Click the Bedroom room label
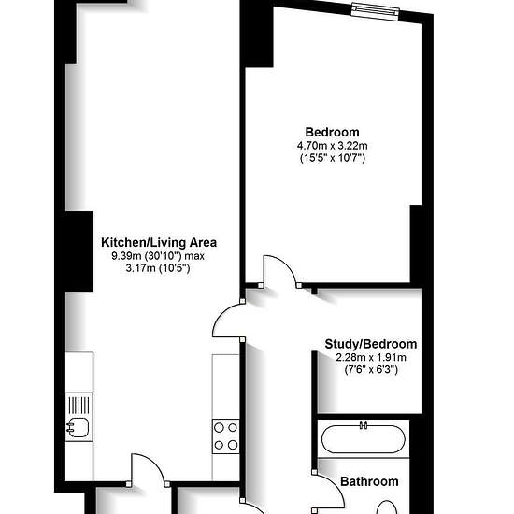pyautogui.click(x=332, y=132)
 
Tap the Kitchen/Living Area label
pyautogui.click(x=159, y=243)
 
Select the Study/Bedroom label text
pyautogui.click(x=371, y=344)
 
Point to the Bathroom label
pyautogui.click(x=369, y=481)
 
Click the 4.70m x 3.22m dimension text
pyautogui.click(x=332, y=145)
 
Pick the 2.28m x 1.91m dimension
pyautogui.click(x=371, y=357)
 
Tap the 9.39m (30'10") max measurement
pyautogui.click(x=158, y=256)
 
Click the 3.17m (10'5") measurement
pyautogui.click(x=158, y=268)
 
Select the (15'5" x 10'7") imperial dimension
pyautogui.click(x=333, y=158)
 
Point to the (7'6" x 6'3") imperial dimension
pyautogui.click(x=371, y=370)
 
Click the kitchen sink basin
pyautogui.click(x=78, y=428)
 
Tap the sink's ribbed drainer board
pyautogui.click(x=79, y=406)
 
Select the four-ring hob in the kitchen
pyautogui.click(x=225, y=436)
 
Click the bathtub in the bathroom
pyautogui.click(x=364, y=439)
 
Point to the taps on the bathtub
pyautogui.click(x=364, y=425)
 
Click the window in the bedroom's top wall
pyautogui.click(x=376, y=11)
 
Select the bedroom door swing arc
pyautogui.click(x=286, y=264)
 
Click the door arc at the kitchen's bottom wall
pyautogui.click(x=152, y=463)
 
